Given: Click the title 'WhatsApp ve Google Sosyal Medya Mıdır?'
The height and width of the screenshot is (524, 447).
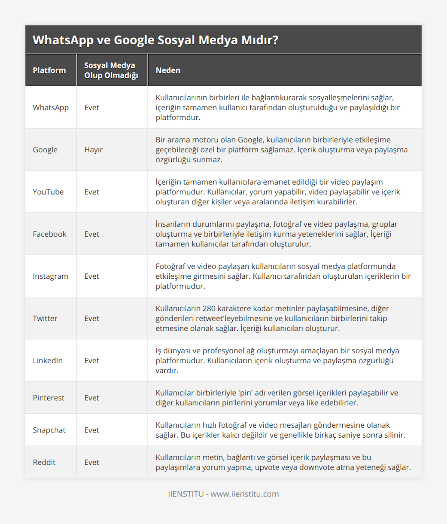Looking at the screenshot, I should (155, 40).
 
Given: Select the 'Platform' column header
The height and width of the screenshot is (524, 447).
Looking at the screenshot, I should (49, 70).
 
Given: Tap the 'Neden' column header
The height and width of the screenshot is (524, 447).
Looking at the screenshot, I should (168, 70).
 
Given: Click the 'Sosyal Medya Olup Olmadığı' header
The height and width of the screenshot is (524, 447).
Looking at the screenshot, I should (111, 70).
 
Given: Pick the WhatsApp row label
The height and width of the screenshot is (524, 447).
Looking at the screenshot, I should (51, 108).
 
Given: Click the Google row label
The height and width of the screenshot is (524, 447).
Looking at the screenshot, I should (45, 150).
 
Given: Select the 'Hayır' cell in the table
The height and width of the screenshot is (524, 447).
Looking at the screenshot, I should (93, 150).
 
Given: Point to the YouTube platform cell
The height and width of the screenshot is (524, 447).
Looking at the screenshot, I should (48, 192).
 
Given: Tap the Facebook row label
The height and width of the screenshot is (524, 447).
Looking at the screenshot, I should (50, 234).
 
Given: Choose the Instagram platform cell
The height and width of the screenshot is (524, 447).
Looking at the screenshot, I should (50, 276).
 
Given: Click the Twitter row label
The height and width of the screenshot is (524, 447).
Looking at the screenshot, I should (45, 318).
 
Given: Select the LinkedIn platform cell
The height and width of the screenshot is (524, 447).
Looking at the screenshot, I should (48, 361).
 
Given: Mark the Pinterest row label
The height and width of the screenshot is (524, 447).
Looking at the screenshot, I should (48, 398).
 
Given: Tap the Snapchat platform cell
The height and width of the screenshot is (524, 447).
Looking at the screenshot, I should (49, 430).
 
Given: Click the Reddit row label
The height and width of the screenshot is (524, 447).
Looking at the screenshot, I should (44, 462).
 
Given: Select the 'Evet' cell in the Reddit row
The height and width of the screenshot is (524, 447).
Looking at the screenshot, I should (92, 462).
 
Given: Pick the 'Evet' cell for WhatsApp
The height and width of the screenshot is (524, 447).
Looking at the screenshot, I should (92, 108).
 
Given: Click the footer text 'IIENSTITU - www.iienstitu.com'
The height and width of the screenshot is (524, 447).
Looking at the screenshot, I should (223, 494).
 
